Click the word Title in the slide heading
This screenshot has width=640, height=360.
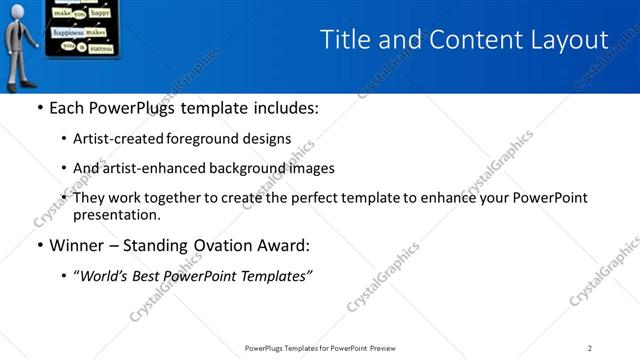click(343, 40)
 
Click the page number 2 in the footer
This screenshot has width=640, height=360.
click(590, 347)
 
